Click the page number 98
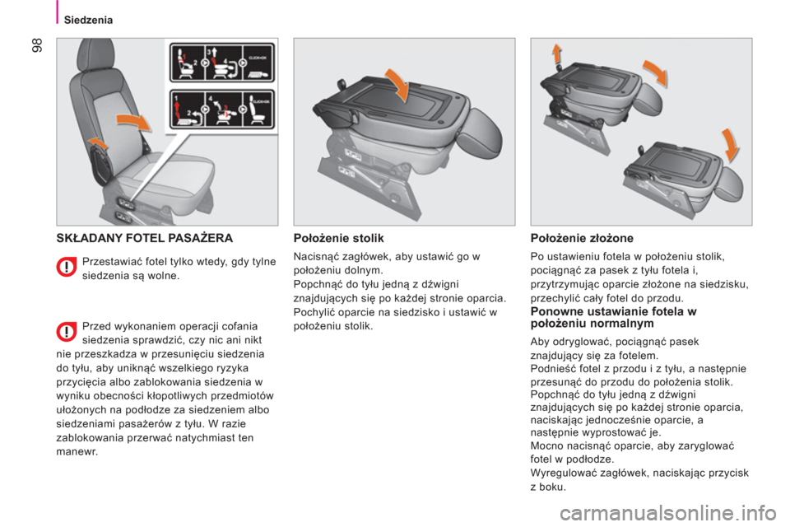tap(37, 45)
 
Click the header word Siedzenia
tap(88, 20)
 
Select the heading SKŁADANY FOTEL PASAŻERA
tap(145, 238)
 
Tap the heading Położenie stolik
tap(338, 238)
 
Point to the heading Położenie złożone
tap(582, 238)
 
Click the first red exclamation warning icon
tap(66, 268)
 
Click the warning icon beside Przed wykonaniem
tap(66, 332)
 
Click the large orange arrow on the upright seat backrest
tap(133, 122)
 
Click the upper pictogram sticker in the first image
tap(222, 63)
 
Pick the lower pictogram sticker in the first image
tap(222, 109)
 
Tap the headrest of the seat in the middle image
tap(481, 128)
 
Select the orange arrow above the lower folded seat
tap(730, 144)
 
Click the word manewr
tap(77, 452)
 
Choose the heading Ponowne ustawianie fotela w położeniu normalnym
tap(614, 317)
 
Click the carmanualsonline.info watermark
tap(668, 513)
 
